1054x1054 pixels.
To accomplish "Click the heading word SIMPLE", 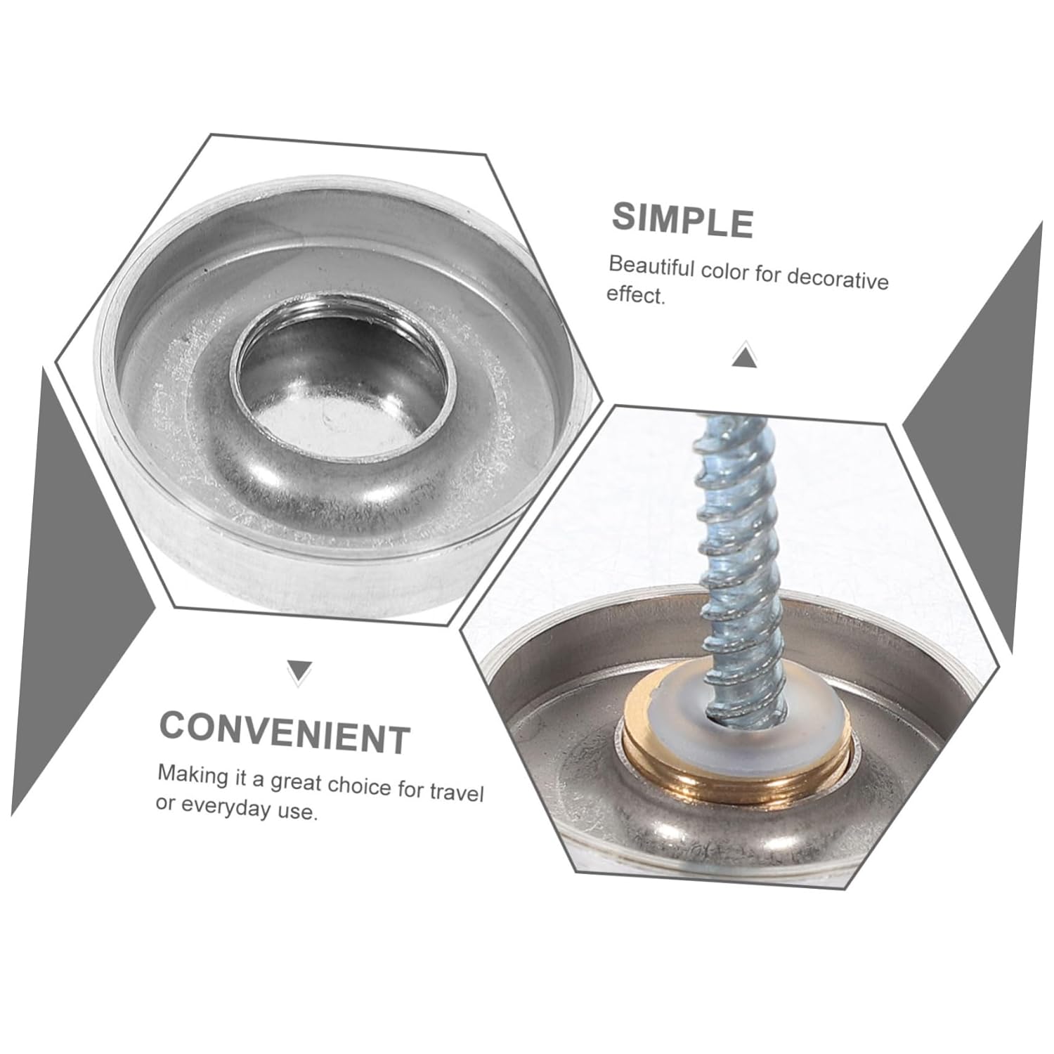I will pos(682,220).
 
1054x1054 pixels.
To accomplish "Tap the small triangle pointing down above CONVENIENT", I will pos(300,671).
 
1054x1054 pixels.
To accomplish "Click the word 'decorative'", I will pos(838,279).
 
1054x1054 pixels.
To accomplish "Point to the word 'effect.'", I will pos(635,296).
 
